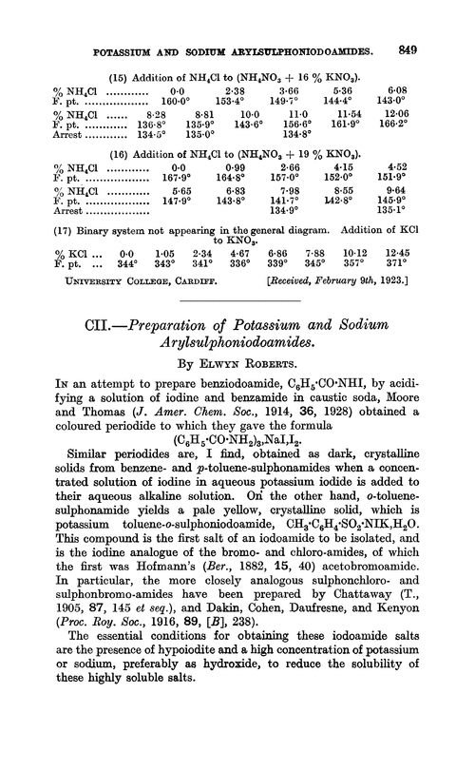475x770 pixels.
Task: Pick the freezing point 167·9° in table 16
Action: pyautogui.click(x=179, y=161)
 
